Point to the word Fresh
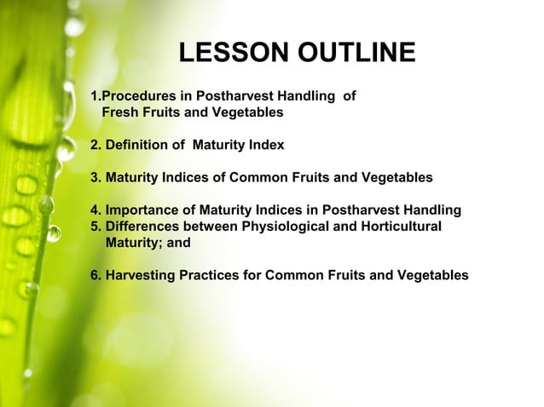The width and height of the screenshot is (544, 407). (x=121, y=112)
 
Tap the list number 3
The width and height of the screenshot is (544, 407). (x=95, y=178)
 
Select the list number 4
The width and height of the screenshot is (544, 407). (x=95, y=210)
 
